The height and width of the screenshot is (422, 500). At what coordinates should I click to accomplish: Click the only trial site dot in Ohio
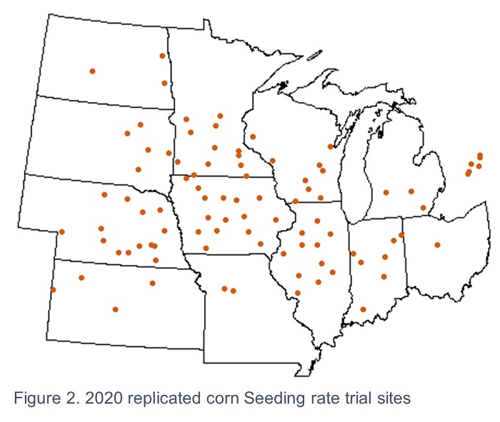pos(437,245)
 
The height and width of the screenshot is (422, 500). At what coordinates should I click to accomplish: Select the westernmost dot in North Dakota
pos(92,71)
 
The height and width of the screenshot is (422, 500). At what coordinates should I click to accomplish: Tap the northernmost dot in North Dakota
pos(162,56)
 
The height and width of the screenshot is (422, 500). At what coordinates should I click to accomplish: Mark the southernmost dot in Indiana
pos(363,309)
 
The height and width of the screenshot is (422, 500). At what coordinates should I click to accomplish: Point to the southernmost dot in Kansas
pos(115,309)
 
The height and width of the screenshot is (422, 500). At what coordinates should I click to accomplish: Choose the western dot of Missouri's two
pos(224,288)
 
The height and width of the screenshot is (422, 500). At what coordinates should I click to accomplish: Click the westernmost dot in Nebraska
pos(62,231)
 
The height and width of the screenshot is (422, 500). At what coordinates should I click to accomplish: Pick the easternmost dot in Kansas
pos(152,283)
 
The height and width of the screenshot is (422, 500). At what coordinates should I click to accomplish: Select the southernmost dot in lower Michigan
pos(424,208)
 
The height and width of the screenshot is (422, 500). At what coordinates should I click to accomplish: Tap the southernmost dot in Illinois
pos(297,293)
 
